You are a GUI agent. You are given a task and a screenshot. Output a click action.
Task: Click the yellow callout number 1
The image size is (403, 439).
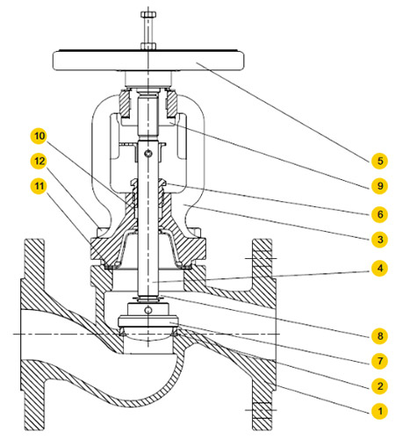[x=380, y=411]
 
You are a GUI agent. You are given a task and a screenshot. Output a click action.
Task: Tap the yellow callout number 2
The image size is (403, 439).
[x=380, y=385]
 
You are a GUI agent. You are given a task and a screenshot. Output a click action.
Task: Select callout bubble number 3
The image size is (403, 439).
[x=380, y=239]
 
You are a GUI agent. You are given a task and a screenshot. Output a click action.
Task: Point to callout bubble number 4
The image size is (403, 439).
[x=380, y=268]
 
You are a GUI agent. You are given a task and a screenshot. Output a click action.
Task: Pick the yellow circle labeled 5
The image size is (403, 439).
[x=380, y=161]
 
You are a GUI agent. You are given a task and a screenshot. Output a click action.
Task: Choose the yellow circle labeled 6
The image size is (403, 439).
[x=380, y=214]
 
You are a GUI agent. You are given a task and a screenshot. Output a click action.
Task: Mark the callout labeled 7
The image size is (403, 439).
[x=380, y=361]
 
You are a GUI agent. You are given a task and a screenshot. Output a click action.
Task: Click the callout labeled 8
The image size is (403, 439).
[x=380, y=335]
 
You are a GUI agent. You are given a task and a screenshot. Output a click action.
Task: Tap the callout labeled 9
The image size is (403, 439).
[x=380, y=185]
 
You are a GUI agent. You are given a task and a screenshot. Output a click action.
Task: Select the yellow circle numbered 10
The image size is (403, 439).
[x=40, y=136]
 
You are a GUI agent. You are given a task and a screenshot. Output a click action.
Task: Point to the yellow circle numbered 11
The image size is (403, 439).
[x=40, y=186]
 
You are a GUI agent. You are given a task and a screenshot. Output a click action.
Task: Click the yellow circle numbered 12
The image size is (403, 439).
[x=40, y=161]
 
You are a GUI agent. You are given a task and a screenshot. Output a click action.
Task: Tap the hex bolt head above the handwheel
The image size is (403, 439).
[x=148, y=14]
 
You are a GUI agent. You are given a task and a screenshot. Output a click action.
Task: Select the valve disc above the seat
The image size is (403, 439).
[x=148, y=321]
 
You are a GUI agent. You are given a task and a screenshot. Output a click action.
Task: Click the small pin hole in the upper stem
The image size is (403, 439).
[x=149, y=154]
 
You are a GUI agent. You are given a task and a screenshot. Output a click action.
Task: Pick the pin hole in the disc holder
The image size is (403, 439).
[x=148, y=310]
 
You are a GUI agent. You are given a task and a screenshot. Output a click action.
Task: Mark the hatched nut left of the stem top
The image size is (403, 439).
[x=126, y=104]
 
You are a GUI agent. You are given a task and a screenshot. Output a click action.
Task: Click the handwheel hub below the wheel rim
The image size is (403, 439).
[x=148, y=79]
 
